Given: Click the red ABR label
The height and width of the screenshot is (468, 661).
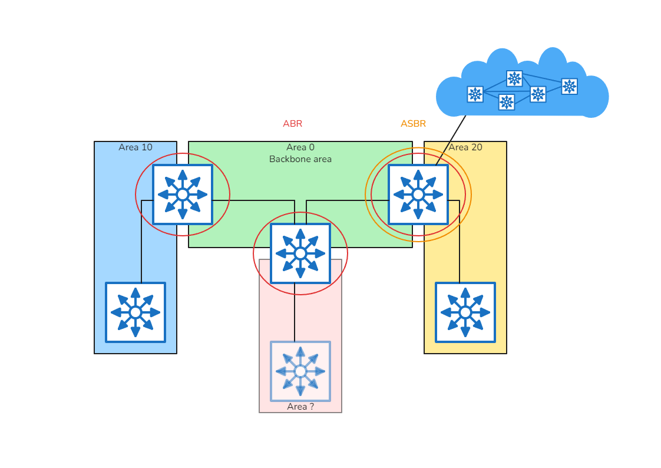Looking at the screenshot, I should tap(292, 124).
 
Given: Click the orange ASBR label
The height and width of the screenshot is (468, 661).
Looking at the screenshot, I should tap(413, 124).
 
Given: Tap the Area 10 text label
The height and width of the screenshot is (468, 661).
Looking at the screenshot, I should tap(135, 147).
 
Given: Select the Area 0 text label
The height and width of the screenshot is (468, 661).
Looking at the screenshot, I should tap(300, 147).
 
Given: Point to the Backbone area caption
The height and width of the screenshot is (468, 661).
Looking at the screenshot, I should tap(300, 159).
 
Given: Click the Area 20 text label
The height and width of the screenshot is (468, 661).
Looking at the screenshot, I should tap(465, 147).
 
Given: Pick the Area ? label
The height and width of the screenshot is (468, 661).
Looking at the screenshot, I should tap(300, 407).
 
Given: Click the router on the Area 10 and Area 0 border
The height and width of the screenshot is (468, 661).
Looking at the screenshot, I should tap(183, 195).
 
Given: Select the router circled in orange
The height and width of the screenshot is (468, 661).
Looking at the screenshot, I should tap(418, 195).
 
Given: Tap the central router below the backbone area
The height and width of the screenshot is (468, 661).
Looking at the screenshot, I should tap(300, 253).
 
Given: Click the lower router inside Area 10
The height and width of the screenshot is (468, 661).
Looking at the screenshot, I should tap(135, 312).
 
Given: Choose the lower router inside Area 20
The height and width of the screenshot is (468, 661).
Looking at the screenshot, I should tap(465, 312).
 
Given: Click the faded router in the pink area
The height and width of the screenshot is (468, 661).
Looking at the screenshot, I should tap(300, 371).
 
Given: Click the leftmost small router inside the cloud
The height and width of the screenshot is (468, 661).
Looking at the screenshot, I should tap(475, 94).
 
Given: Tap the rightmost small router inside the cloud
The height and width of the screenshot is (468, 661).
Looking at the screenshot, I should tap(569, 87).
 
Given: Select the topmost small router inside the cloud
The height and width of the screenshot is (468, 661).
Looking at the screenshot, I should tap(514, 78).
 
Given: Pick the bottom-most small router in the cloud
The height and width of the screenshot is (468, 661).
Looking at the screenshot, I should tap(507, 102).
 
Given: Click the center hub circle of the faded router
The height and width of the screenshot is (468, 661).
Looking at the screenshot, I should tap(300, 371).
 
